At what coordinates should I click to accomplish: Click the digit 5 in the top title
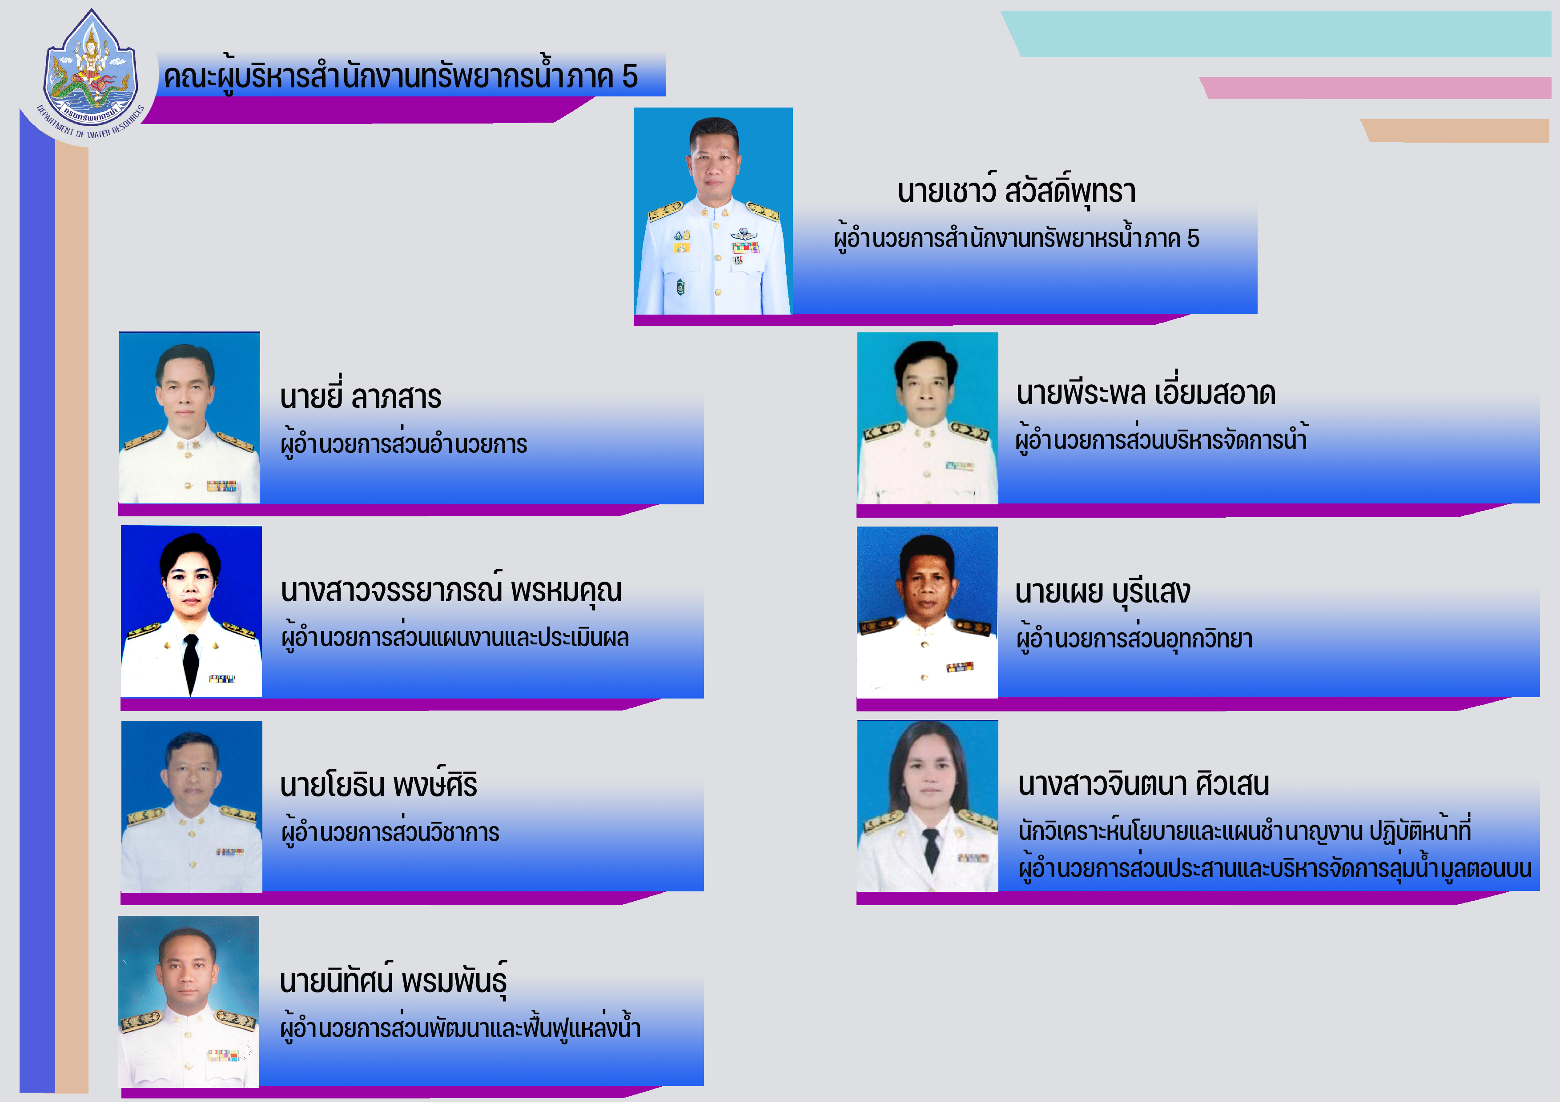(x=630, y=76)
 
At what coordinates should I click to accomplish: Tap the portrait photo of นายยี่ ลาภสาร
(x=189, y=418)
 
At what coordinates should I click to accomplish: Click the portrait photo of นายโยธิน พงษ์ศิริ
(x=192, y=806)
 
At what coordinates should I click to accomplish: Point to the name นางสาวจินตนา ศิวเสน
(x=1143, y=783)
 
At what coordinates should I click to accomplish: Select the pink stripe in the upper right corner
(x=1375, y=88)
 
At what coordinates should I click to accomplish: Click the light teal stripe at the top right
(x=1276, y=33)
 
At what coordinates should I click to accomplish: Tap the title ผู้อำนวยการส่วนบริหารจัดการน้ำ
(x=1161, y=439)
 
